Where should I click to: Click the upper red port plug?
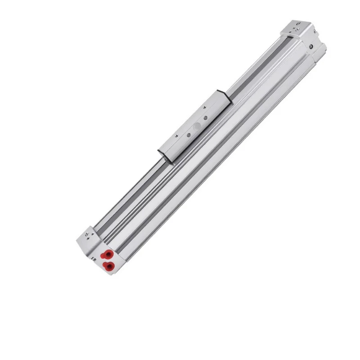pyautogui.click(x=108, y=253)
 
